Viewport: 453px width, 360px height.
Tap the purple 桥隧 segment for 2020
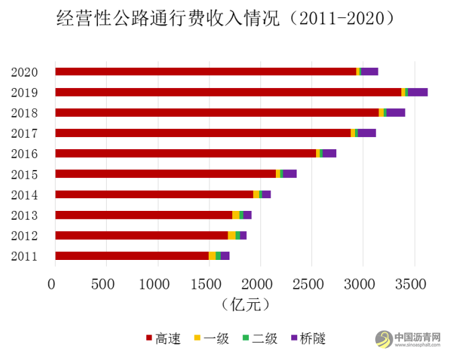click(369, 71)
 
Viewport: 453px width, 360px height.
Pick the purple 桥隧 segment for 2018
click(395, 112)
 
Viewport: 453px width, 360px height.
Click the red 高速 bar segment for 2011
click(132, 255)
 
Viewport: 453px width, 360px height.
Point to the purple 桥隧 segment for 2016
click(329, 153)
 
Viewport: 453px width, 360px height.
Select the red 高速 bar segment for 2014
click(154, 194)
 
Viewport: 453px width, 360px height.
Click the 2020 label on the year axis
click(24, 72)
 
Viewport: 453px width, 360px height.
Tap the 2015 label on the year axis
click(24, 175)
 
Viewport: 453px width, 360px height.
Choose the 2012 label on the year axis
click(24, 236)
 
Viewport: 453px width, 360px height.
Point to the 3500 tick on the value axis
click(413, 283)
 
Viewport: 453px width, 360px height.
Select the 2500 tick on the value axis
click(311, 283)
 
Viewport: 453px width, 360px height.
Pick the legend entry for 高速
click(162, 338)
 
